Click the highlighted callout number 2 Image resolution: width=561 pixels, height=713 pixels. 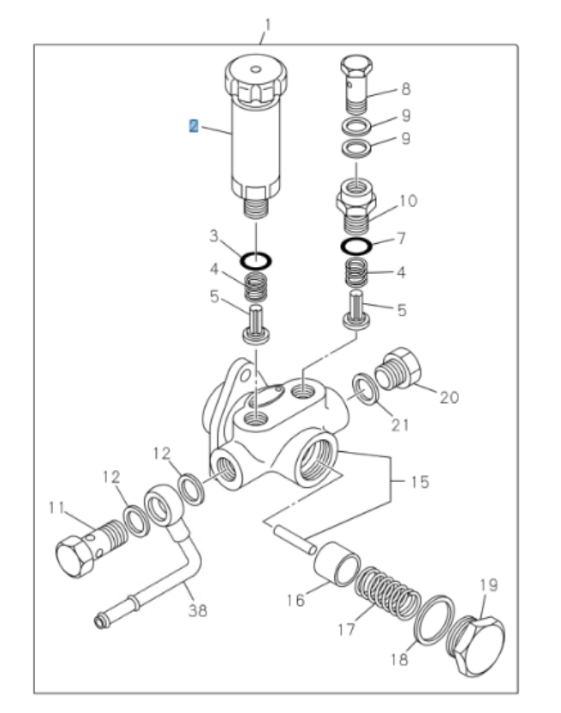(x=194, y=127)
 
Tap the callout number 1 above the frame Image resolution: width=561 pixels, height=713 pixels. (x=266, y=25)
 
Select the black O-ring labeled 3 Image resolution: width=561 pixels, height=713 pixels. (x=255, y=258)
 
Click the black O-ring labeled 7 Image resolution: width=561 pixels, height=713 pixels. (x=355, y=247)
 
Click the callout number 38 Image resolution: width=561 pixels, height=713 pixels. (x=198, y=611)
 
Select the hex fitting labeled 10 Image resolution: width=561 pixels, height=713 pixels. (x=356, y=205)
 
